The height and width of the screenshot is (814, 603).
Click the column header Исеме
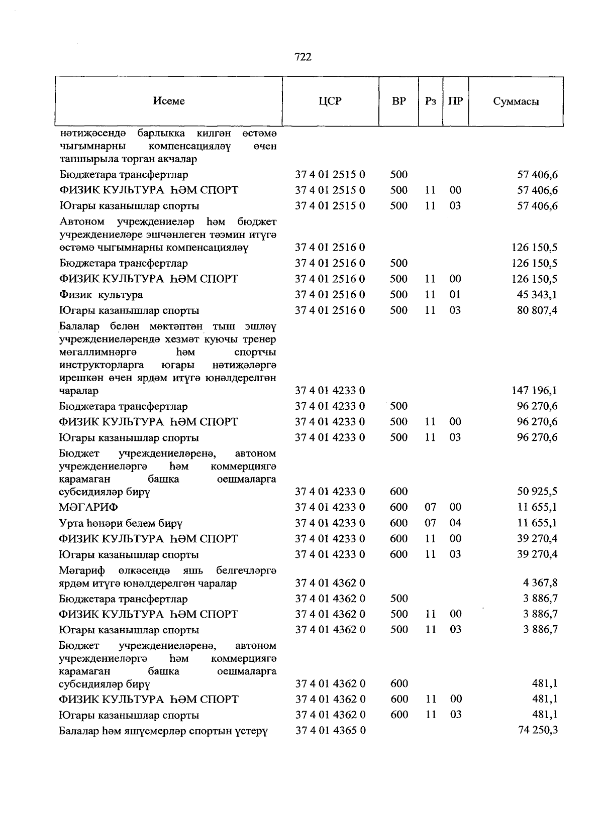tap(169, 101)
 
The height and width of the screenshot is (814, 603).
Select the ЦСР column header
tap(330, 101)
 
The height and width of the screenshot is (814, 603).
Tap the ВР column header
tap(398, 101)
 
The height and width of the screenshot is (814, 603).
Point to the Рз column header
tap(430, 101)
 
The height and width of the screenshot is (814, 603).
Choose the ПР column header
tap(455, 101)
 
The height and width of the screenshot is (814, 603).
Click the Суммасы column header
tap(516, 101)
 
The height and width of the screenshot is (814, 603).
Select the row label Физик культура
tap(100, 295)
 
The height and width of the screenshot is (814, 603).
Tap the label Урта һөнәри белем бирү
tap(121, 523)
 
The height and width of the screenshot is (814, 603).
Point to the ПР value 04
tap(455, 523)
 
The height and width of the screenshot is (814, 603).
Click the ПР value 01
tap(455, 295)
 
